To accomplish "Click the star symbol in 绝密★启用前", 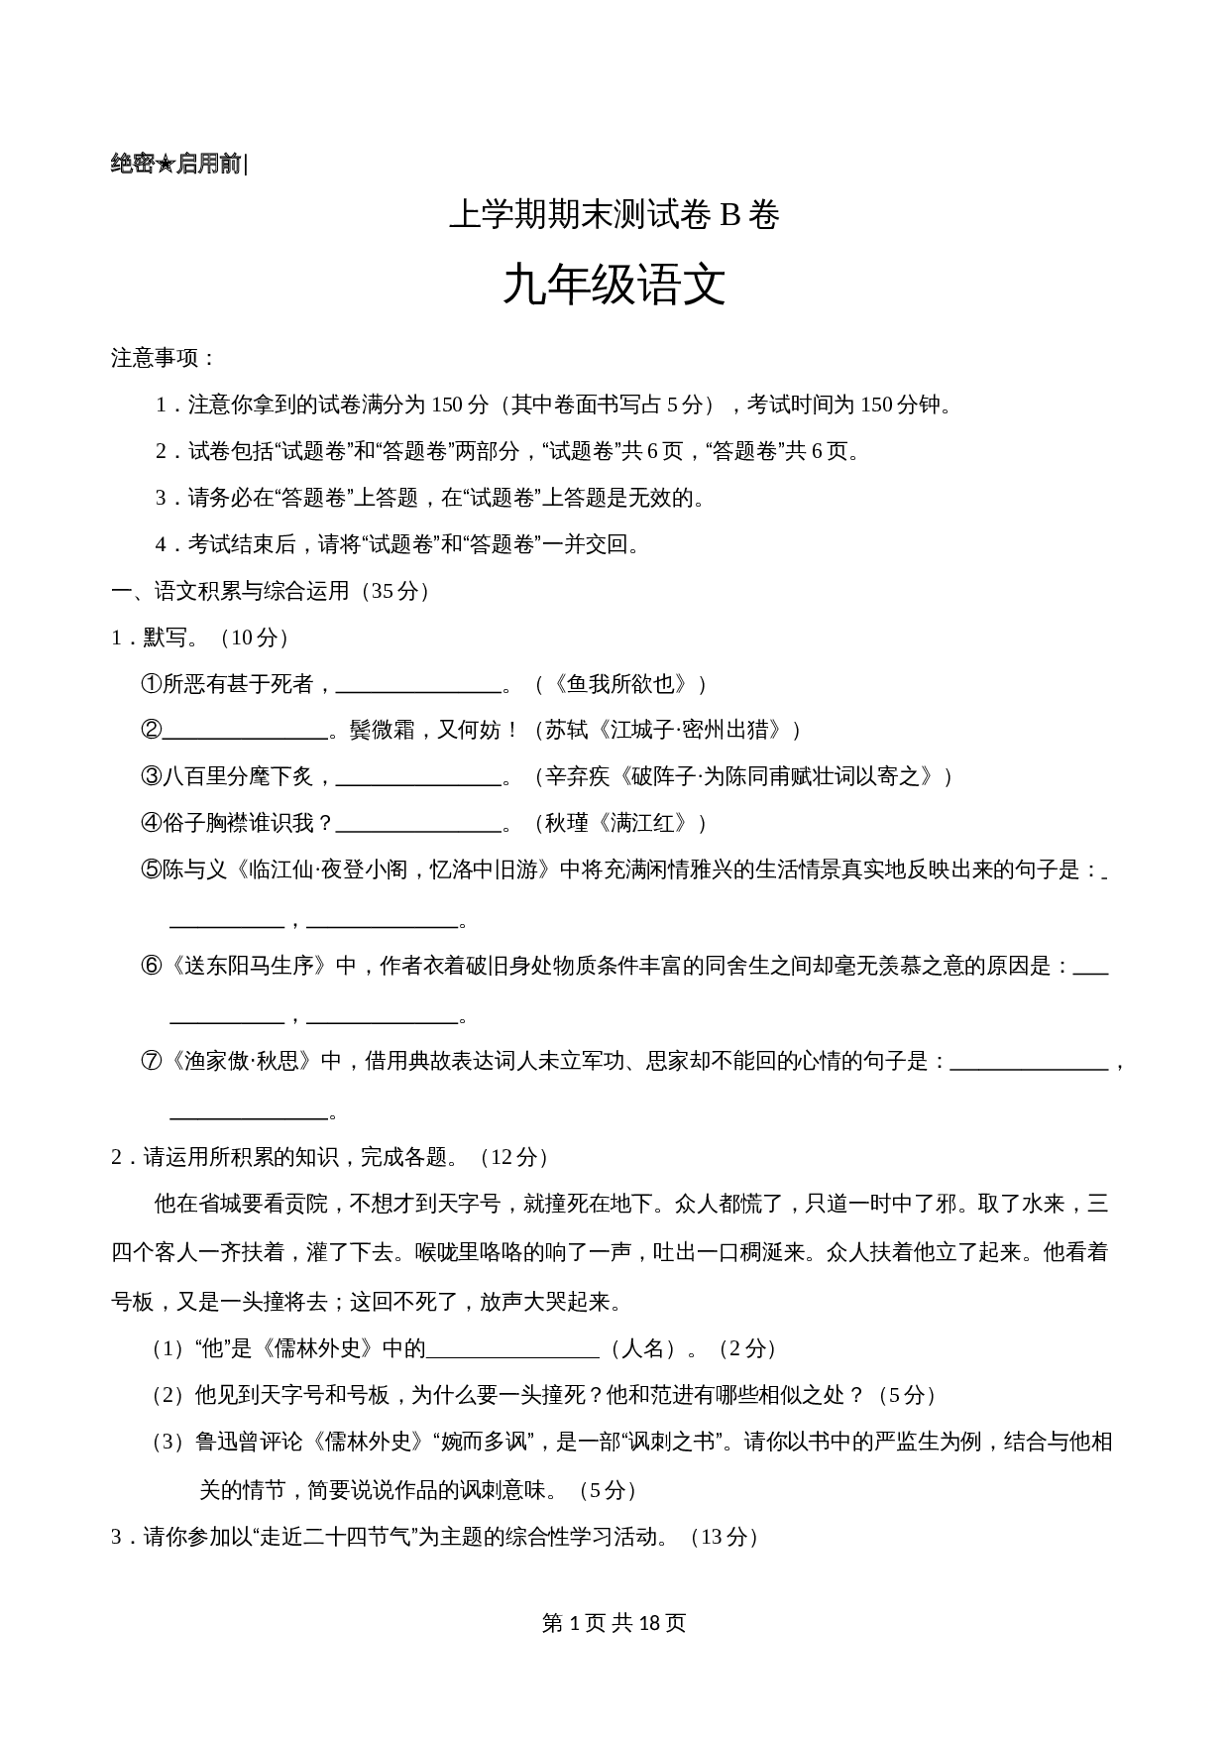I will tap(166, 165).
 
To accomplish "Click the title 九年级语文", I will tap(614, 286).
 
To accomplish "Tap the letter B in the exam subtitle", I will tap(729, 215).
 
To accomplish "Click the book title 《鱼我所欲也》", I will tap(620, 684).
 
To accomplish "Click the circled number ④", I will tap(151, 824).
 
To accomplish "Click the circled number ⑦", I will tap(151, 1062).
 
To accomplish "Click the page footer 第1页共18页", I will tap(614, 1623).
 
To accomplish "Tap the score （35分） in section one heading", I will tap(396, 591).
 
